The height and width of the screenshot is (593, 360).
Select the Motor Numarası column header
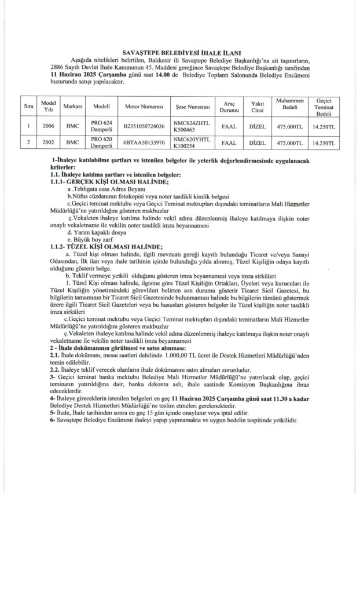140,107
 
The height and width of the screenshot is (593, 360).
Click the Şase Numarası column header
191,107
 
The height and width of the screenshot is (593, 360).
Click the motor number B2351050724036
141,125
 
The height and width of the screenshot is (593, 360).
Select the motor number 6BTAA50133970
139,142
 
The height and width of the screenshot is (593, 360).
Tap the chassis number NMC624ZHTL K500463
192,125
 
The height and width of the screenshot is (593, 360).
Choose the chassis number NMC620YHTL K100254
191,142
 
